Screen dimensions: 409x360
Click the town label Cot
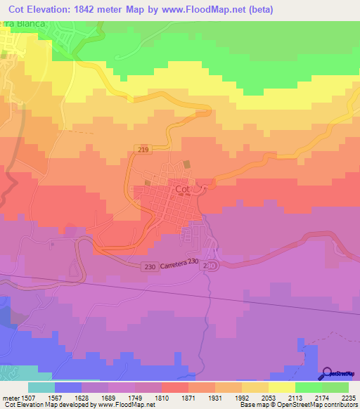[x=182, y=189]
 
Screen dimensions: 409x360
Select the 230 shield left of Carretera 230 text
[x=150, y=266]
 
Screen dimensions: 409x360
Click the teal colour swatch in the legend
[x=41, y=387]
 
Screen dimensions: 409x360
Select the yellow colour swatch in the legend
[x=281, y=387]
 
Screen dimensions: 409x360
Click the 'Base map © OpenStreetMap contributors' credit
[x=300, y=405]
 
